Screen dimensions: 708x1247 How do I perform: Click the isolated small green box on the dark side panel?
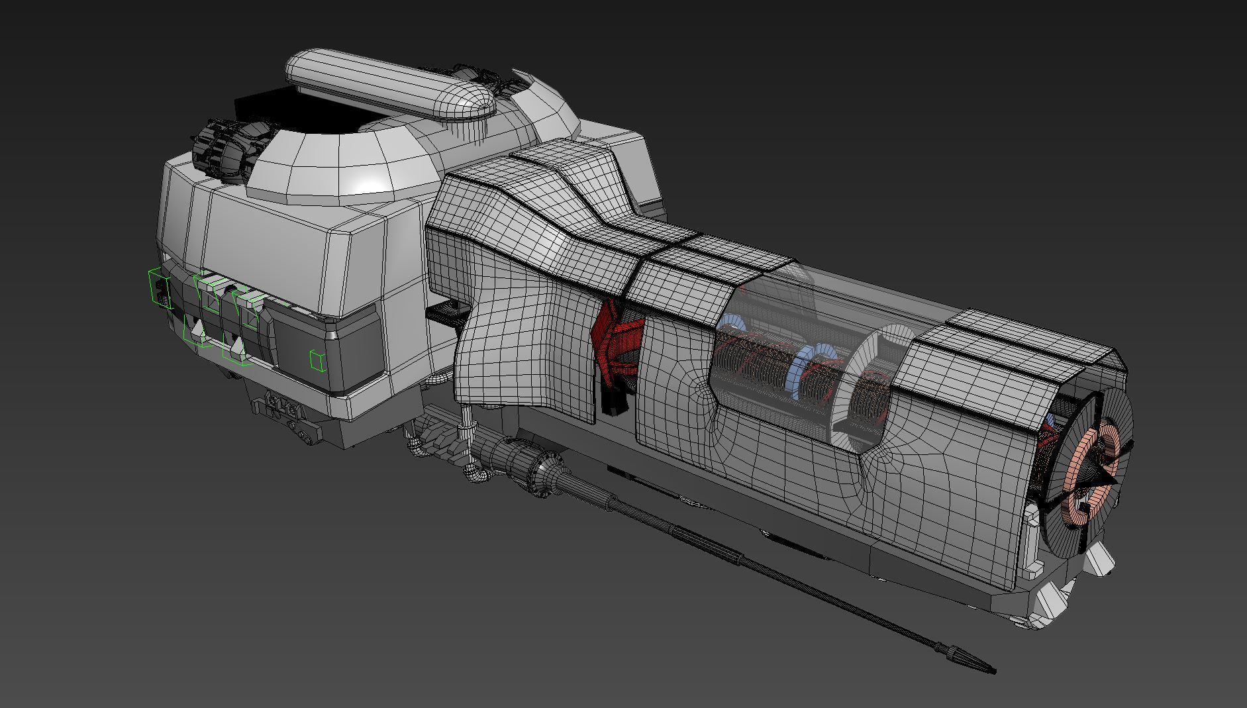click(317, 360)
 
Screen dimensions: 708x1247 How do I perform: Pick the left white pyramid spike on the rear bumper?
click(197, 329)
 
